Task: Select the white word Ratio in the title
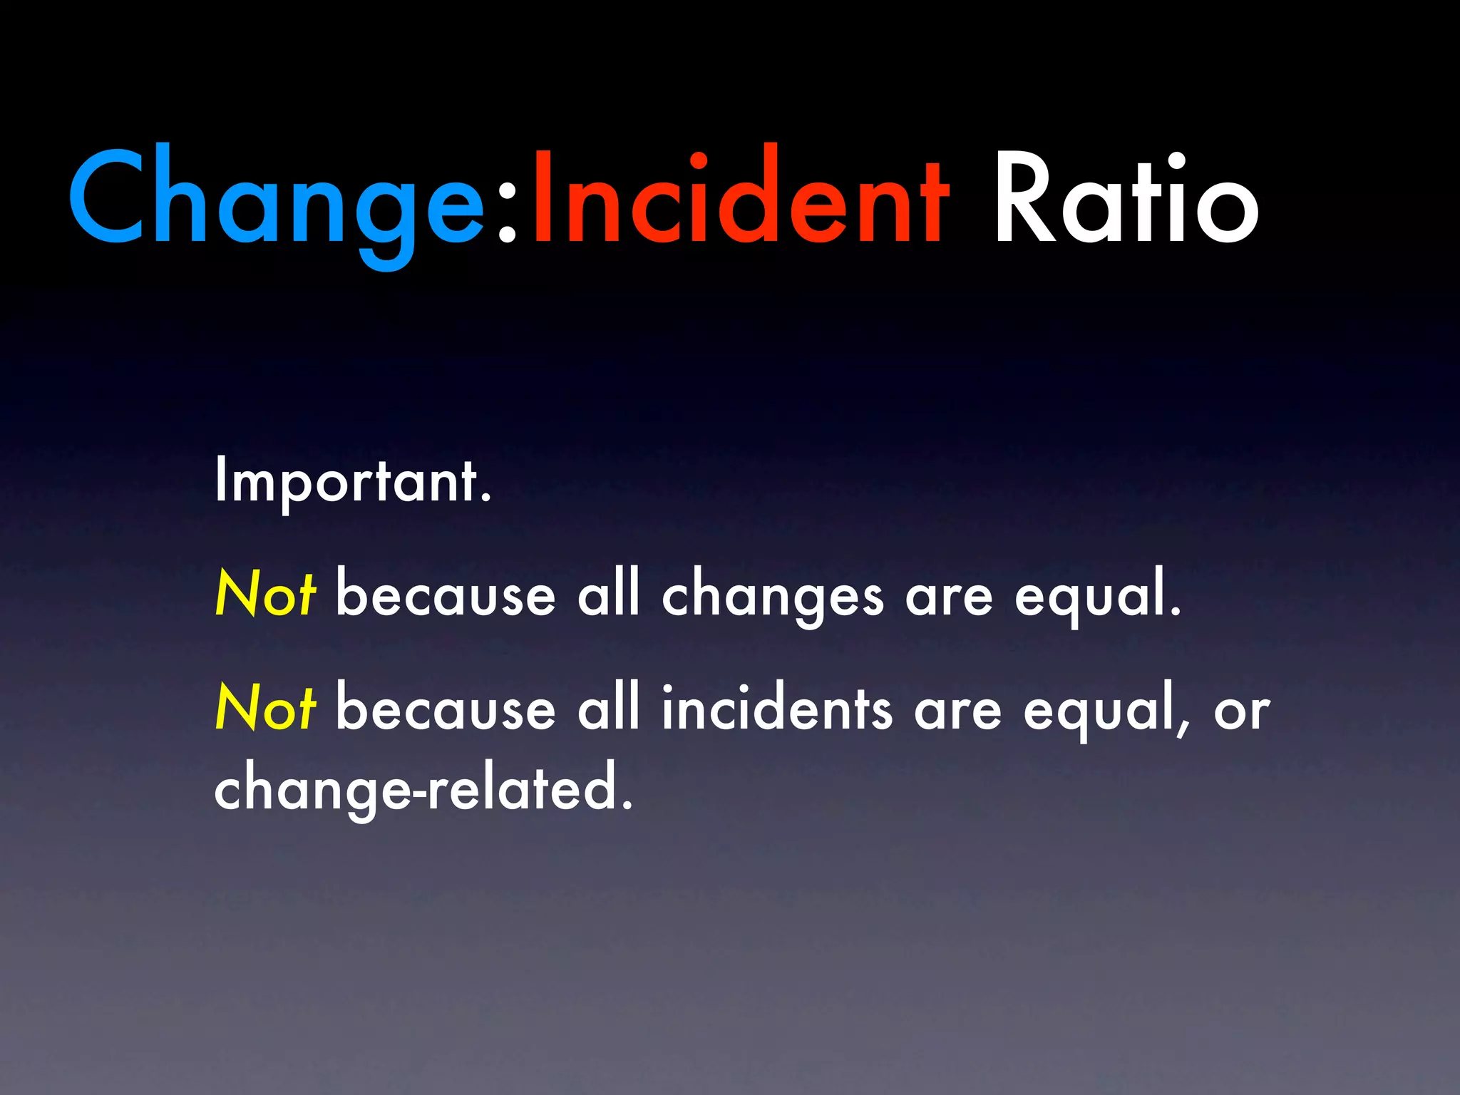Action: pos(1126,200)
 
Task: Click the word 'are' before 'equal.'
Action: pos(949,599)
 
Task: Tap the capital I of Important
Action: pos(221,480)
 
